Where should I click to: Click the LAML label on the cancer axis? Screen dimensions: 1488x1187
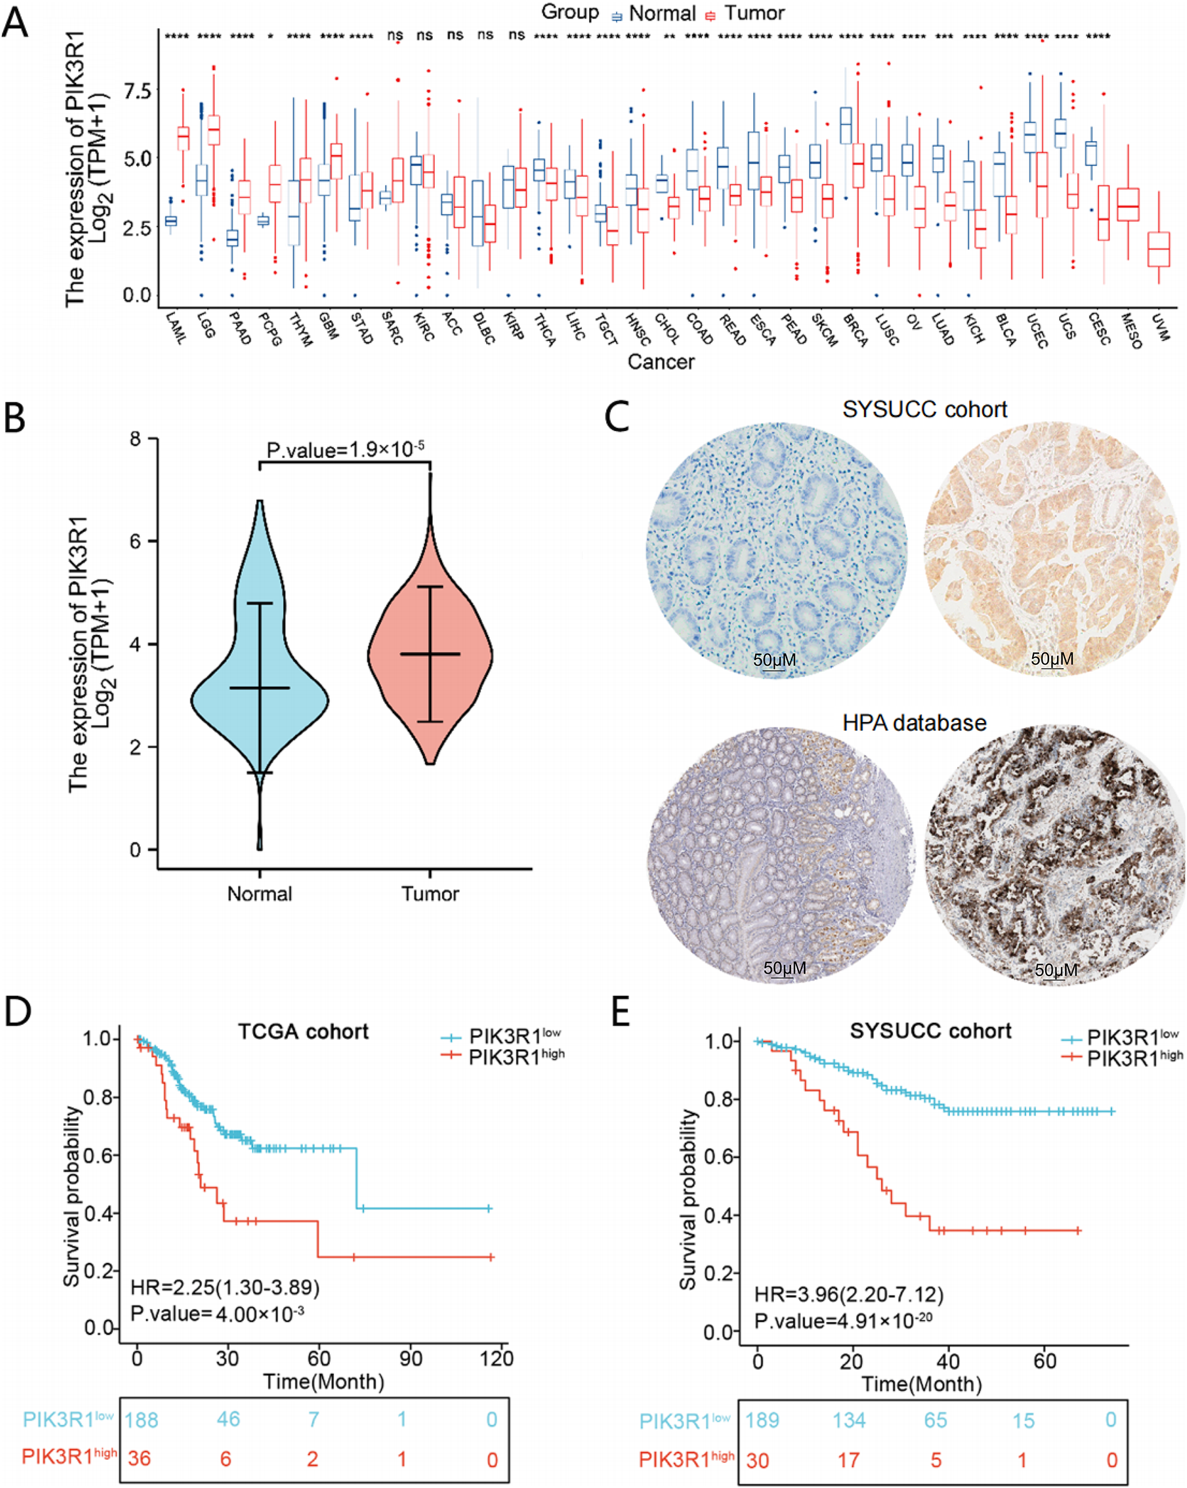click(x=176, y=329)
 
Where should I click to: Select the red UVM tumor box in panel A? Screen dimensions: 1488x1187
click(x=1159, y=249)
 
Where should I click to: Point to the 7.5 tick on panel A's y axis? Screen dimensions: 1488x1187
click(x=137, y=91)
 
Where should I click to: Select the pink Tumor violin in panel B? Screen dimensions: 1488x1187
click(x=430, y=656)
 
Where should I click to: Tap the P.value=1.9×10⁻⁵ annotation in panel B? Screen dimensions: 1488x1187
click(x=345, y=450)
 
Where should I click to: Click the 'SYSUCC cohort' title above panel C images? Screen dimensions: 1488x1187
click(x=924, y=409)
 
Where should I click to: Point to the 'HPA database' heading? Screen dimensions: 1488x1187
click(x=915, y=722)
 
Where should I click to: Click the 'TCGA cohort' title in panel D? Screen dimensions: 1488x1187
click(x=303, y=1032)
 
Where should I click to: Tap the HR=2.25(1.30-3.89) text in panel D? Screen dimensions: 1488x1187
click(x=225, y=1287)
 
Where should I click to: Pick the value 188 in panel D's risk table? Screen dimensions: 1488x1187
click(x=141, y=1420)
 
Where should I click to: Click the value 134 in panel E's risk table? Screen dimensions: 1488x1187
click(x=848, y=1421)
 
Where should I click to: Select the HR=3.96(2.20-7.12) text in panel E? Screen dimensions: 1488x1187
click(x=849, y=1294)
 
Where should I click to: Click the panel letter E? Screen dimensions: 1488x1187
click(x=620, y=1013)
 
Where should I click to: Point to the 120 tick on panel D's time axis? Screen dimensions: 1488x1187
click(x=497, y=1359)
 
